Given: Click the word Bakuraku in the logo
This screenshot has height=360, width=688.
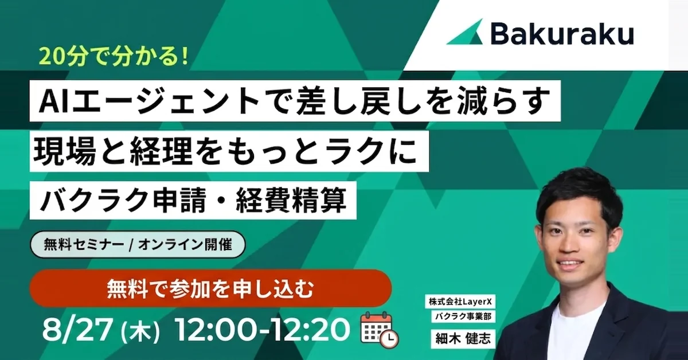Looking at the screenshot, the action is click(562, 34).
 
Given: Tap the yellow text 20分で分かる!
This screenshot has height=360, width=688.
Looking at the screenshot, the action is click(115, 57).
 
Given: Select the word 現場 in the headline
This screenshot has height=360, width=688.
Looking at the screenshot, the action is click(64, 151).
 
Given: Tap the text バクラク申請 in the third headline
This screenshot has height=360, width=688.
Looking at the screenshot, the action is click(123, 201).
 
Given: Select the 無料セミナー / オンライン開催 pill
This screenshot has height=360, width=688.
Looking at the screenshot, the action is click(138, 245).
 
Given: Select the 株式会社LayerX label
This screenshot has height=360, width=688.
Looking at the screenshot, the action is click(460, 302).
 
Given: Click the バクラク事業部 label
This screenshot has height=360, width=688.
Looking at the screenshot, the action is click(463, 316).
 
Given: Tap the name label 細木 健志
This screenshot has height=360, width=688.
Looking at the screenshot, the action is click(463, 339).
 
